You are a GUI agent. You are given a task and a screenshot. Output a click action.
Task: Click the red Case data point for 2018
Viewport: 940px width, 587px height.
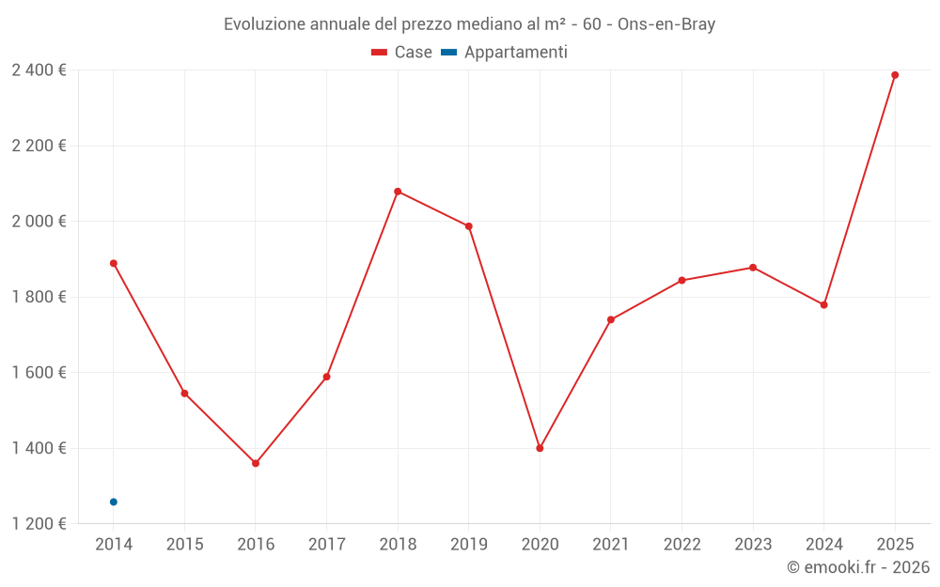coord(398,192)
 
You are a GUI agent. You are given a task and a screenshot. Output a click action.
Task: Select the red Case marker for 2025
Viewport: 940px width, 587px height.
coord(895,75)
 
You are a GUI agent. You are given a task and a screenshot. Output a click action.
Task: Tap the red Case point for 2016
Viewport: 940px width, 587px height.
coord(256,463)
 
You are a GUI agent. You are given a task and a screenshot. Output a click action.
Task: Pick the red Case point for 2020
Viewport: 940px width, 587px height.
coord(540,448)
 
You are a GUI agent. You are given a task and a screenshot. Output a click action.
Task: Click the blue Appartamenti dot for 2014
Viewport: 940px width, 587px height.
coord(114,502)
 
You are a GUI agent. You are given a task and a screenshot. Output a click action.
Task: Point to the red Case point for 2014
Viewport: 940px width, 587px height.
coord(114,263)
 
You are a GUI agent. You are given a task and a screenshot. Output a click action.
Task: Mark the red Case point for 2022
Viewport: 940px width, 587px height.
coord(681,280)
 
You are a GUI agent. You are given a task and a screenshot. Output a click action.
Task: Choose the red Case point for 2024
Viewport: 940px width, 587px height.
coord(824,305)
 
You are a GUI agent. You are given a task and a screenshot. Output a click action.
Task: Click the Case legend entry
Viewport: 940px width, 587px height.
coord(402,53)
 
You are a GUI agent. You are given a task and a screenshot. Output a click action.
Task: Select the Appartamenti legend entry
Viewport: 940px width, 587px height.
coord(505,53)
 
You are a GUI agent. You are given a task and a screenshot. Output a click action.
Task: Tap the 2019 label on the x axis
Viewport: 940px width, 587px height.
coord(469,545)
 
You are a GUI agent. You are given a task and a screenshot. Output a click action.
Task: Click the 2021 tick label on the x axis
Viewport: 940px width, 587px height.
coord(611,545)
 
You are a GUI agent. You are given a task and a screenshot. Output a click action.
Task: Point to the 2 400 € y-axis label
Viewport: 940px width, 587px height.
coord(39,70)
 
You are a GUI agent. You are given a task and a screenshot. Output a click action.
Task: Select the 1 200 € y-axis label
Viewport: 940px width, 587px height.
coord(39,524)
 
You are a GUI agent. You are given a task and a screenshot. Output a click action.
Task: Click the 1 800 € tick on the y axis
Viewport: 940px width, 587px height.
coord(39,297)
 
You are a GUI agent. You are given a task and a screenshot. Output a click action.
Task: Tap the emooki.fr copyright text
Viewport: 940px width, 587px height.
coord(858,567)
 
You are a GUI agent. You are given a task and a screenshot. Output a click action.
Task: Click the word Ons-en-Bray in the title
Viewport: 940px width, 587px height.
coord(666,24)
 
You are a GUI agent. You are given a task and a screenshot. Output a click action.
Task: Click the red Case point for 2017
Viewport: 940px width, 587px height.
coord(326,377)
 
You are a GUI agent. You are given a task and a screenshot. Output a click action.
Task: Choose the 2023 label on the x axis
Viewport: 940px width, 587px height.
coord(753,545)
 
